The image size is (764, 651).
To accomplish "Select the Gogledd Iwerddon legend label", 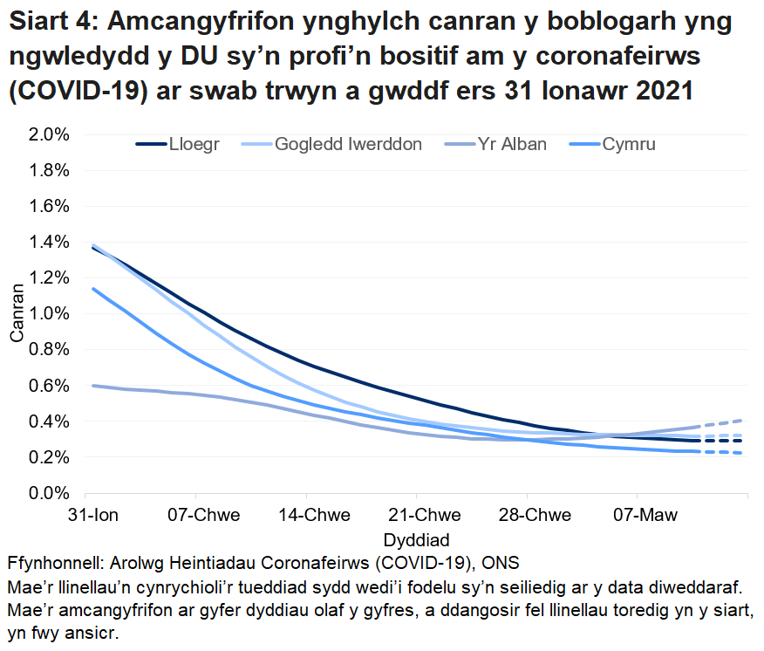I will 348,145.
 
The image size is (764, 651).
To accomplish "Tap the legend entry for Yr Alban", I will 511,145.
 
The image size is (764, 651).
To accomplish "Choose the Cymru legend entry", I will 628,145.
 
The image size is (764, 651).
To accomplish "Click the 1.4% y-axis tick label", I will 51,242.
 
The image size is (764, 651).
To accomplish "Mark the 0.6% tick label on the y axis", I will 51,386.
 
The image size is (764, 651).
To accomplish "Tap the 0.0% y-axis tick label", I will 51,493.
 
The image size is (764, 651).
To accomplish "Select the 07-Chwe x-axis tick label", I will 204,513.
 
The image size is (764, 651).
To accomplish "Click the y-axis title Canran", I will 17,314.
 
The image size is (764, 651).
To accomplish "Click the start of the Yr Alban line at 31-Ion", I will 92,385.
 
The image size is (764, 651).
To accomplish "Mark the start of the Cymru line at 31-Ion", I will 92,289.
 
